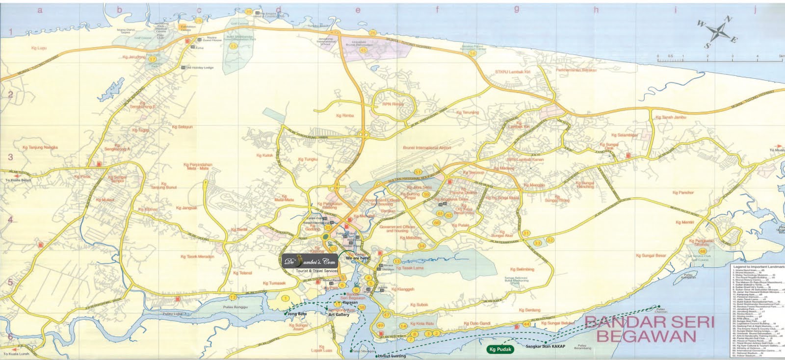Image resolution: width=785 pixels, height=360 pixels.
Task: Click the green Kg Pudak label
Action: pyautogui.click(x=500, y=350)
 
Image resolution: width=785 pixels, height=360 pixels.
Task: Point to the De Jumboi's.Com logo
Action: pyautogui.click(x=310, y=260)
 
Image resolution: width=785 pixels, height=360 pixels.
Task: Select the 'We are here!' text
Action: pyautogui.click(x=358, y=258)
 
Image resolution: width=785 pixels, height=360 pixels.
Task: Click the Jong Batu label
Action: pyautogui.click(x=297, y=313)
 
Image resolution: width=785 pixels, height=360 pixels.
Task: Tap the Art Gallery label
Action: pyautogui.click(x=339, y=315)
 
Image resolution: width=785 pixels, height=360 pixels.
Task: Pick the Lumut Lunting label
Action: pyautogui.click(x=391, y=356)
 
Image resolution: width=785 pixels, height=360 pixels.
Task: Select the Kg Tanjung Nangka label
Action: pyautogui.click(x=40, y=147)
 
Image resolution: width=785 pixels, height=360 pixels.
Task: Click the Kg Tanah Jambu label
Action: pyautogui.click(x=671, y=117)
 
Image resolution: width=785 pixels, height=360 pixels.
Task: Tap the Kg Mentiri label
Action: pyautogui.click(x=684, y=222)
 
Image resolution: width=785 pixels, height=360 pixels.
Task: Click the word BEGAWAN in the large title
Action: pyautogui.click(x=646, y=336)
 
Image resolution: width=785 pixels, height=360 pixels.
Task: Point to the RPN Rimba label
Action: pyautogui.click(x=393, y=104)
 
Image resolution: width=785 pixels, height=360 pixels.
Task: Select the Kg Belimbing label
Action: pyautogui.click(x=522, y=269)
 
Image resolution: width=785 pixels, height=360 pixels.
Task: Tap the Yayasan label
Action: pyautogui.click(x=350, y=303)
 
